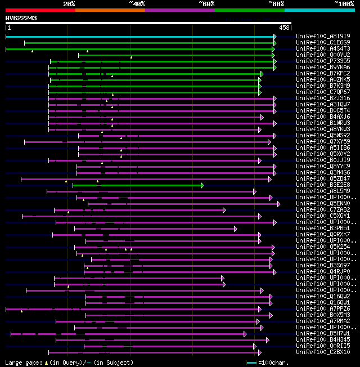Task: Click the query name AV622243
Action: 21,18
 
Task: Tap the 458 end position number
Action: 285,28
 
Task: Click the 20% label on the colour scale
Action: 69,4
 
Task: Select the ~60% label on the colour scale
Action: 206,4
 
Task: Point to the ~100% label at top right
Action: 343,4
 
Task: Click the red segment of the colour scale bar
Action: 40,10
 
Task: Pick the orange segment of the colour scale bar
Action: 110,10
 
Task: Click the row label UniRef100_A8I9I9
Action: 323,37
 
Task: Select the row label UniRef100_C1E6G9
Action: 323,43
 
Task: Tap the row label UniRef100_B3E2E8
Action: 323,185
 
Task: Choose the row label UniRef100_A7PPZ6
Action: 323,309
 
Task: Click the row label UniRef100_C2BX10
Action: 323,352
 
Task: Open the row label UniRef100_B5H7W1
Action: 323,334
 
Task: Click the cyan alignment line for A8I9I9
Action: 141,37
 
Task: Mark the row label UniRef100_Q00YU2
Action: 323,55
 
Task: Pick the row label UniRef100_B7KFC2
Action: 323,74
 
